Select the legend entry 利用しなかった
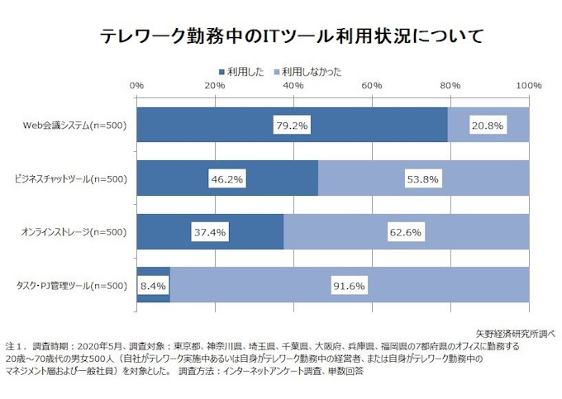[310, 71]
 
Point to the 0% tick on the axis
[137, 86]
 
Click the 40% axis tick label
[293, 86]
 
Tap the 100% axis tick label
[528, 86]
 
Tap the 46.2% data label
[227, 178]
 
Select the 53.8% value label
[423, 178]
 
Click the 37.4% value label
[210, 232]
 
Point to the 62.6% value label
[406, 232]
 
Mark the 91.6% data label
[349, 286]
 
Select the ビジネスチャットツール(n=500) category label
[70, 178]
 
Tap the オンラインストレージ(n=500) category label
[74, 232]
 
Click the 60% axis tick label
[371, 86]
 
